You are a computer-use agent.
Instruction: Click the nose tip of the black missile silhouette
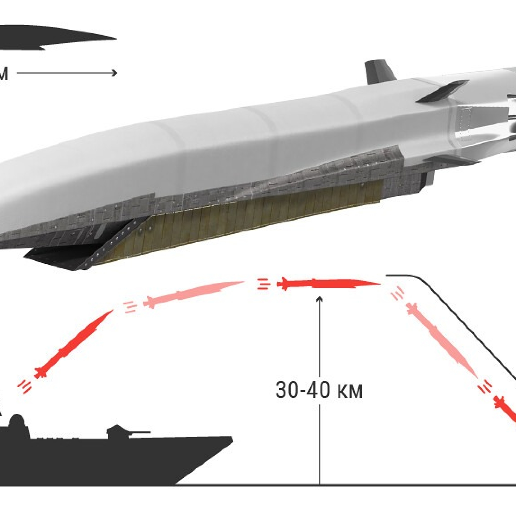coord(115,39)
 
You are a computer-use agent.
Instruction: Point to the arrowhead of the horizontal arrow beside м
coord(115,73)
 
